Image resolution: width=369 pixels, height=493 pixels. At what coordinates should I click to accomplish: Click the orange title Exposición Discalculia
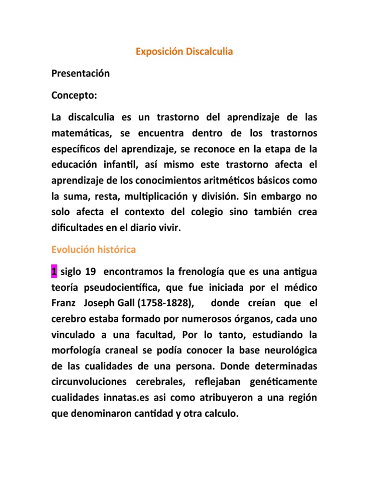[x=184, y=51]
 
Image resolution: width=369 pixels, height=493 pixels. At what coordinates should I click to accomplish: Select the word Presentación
[x=81, y=73]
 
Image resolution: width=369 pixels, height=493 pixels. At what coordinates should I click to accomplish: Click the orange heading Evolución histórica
[x=94, y=250]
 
